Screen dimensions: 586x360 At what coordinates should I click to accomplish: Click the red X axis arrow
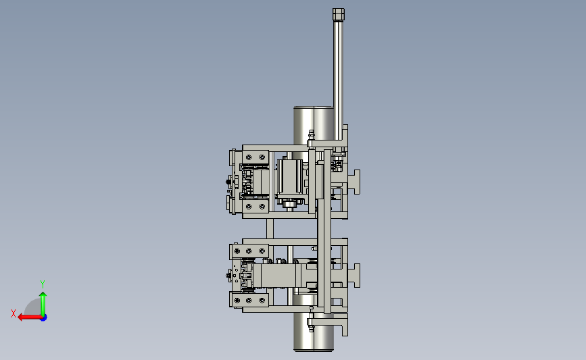30,317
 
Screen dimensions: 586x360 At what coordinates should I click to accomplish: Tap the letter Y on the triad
42,284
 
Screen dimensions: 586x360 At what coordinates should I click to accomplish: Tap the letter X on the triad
14,313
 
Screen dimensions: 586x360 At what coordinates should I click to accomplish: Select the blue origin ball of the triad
43,317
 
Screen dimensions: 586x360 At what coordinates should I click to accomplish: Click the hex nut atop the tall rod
339,15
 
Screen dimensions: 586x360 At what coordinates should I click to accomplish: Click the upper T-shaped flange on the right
354,182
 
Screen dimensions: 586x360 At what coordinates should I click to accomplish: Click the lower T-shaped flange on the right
354,276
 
